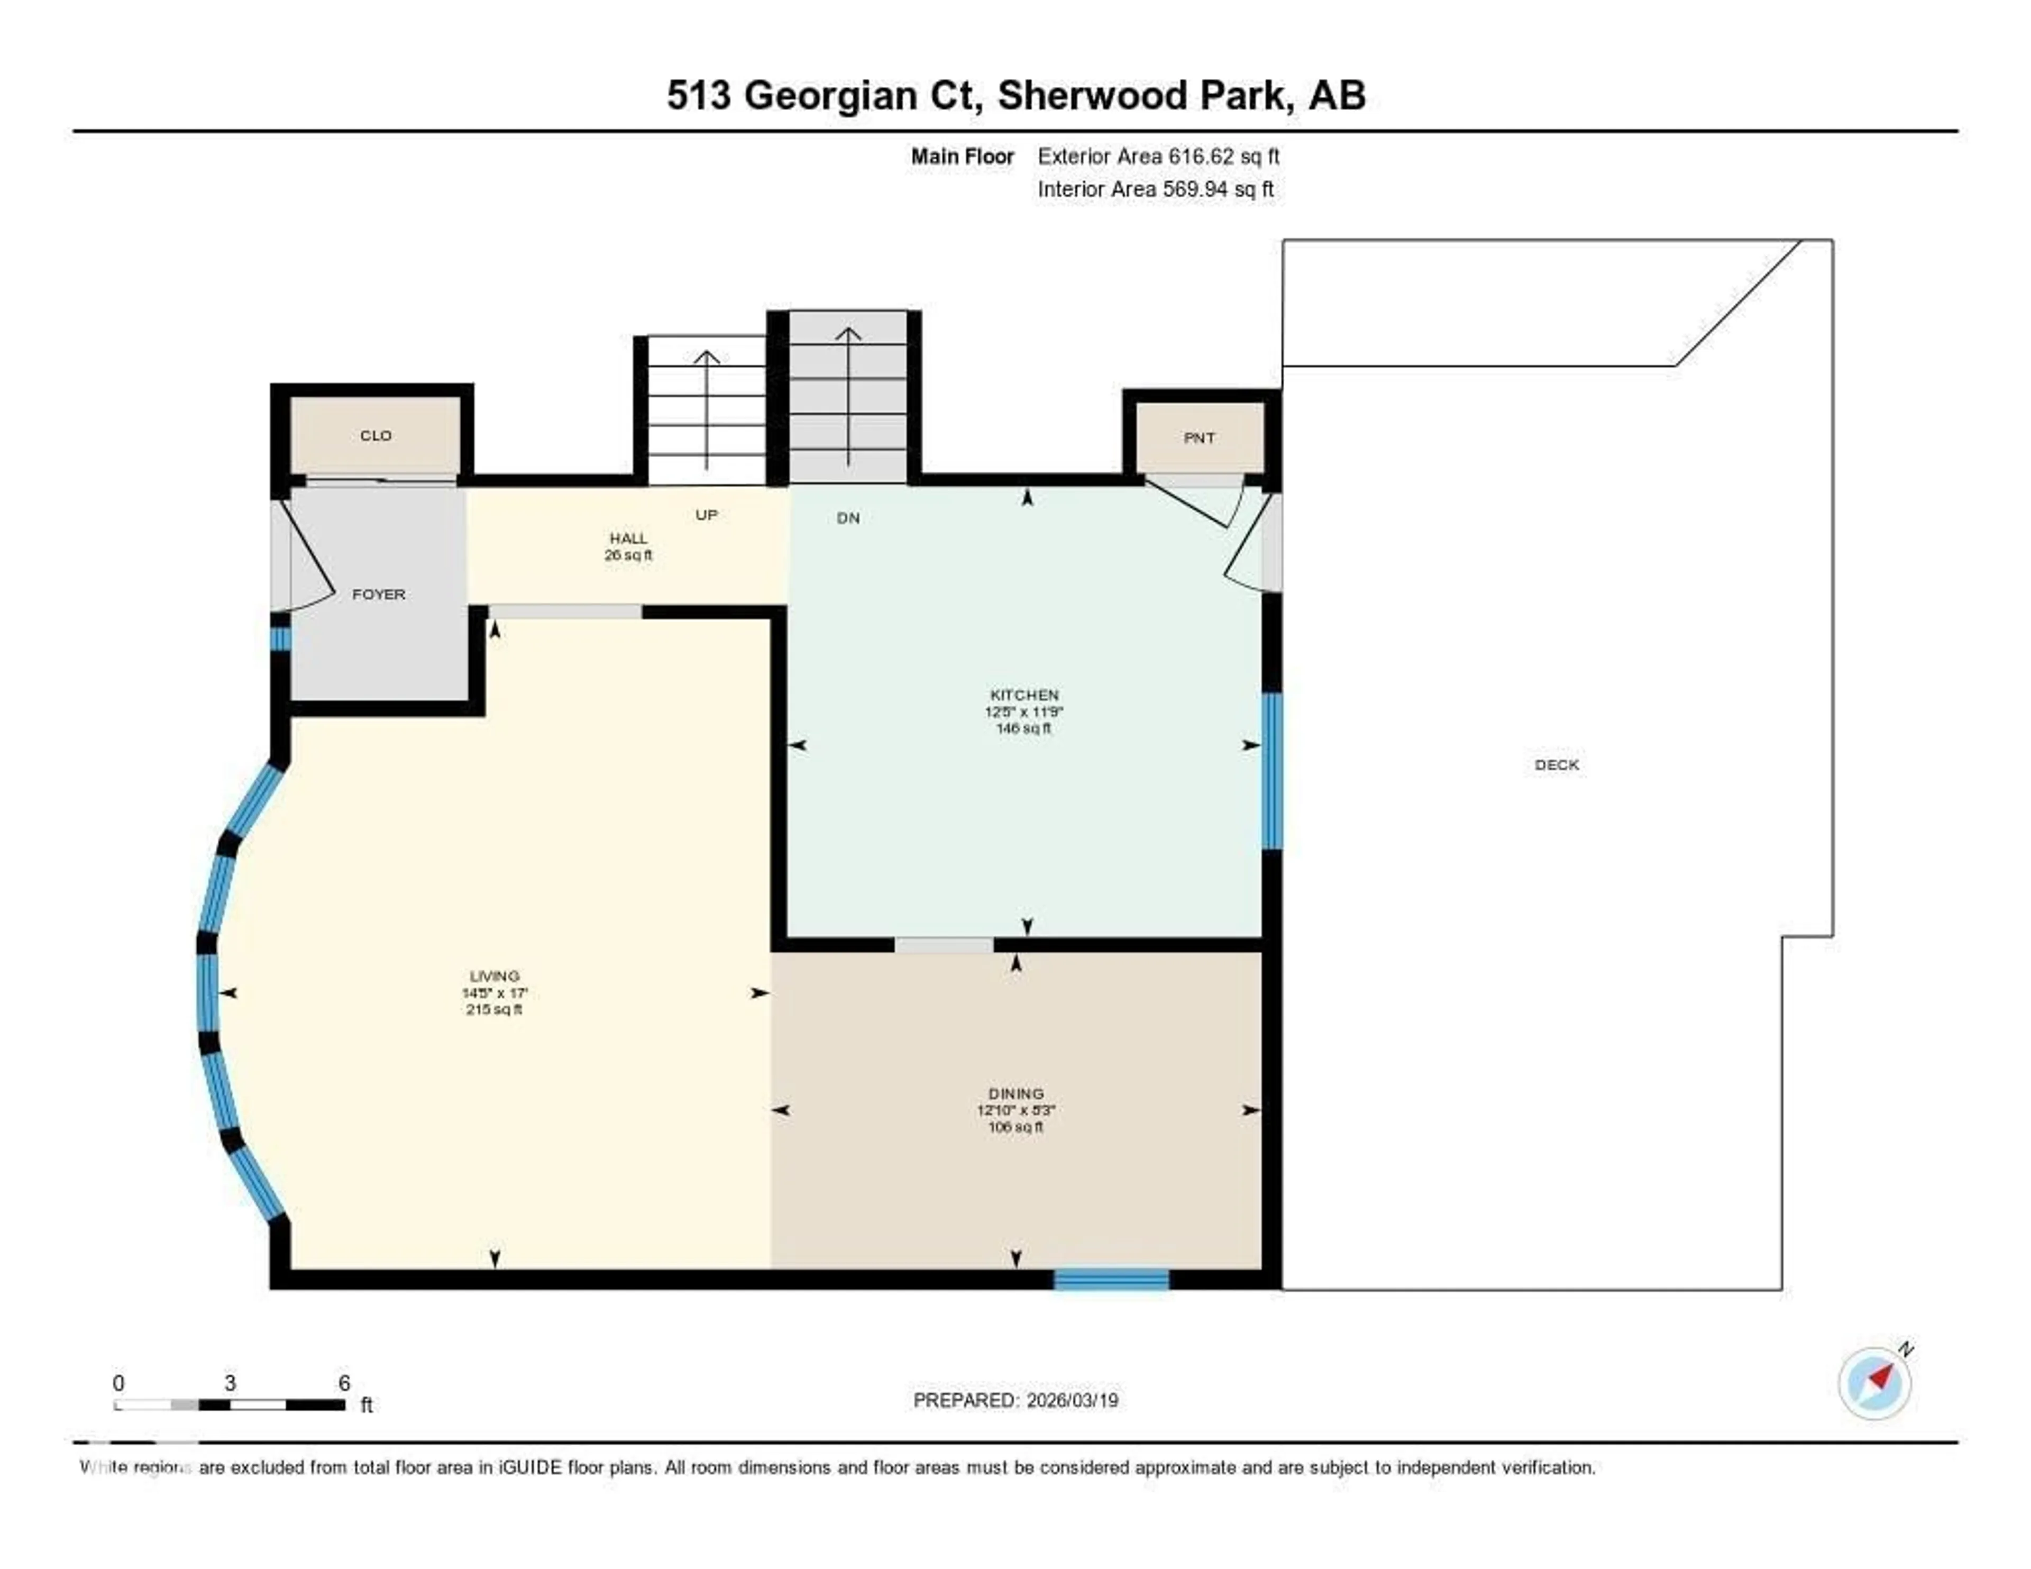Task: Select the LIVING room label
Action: [494, 975]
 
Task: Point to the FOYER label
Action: [379, 594]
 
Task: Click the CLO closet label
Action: [376, 435]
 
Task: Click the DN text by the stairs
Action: [847, 518]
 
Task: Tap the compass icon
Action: [1875, 1383]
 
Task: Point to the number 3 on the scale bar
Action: [230, 1383]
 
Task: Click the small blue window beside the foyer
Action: [279, 639]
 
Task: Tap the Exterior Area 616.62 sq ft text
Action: [1158, 156]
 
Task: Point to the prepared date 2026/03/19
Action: [1071, 1401]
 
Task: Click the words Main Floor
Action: [962, 156]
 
